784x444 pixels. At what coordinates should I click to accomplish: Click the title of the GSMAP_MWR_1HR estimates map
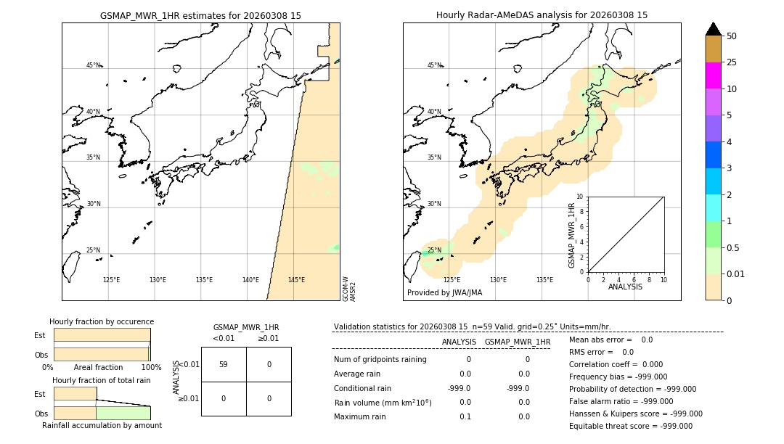point(200,15)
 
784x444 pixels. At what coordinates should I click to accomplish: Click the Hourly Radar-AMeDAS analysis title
point(542,15)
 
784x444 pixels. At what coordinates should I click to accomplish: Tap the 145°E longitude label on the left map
point(296,280)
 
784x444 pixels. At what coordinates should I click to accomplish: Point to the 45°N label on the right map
point(434,65)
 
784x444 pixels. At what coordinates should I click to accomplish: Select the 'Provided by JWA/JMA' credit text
point(444,293)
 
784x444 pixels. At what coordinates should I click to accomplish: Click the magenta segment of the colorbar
point(713,75)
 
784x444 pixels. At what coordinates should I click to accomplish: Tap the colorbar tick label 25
point(732,62)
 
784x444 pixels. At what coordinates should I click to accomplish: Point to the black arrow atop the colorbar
point(713,29)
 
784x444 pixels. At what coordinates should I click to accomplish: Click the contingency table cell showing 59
point(224,364)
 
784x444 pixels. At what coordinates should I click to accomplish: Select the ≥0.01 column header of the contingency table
point(268,338)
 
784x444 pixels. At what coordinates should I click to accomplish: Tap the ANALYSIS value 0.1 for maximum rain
point(465,416)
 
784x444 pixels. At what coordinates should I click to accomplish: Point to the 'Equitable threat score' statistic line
point(630,426)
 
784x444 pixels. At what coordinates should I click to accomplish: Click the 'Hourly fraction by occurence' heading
point(102,321)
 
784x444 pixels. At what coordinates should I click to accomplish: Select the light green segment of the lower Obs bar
point(123,413)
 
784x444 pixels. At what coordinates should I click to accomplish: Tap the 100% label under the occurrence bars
point(151,368)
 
